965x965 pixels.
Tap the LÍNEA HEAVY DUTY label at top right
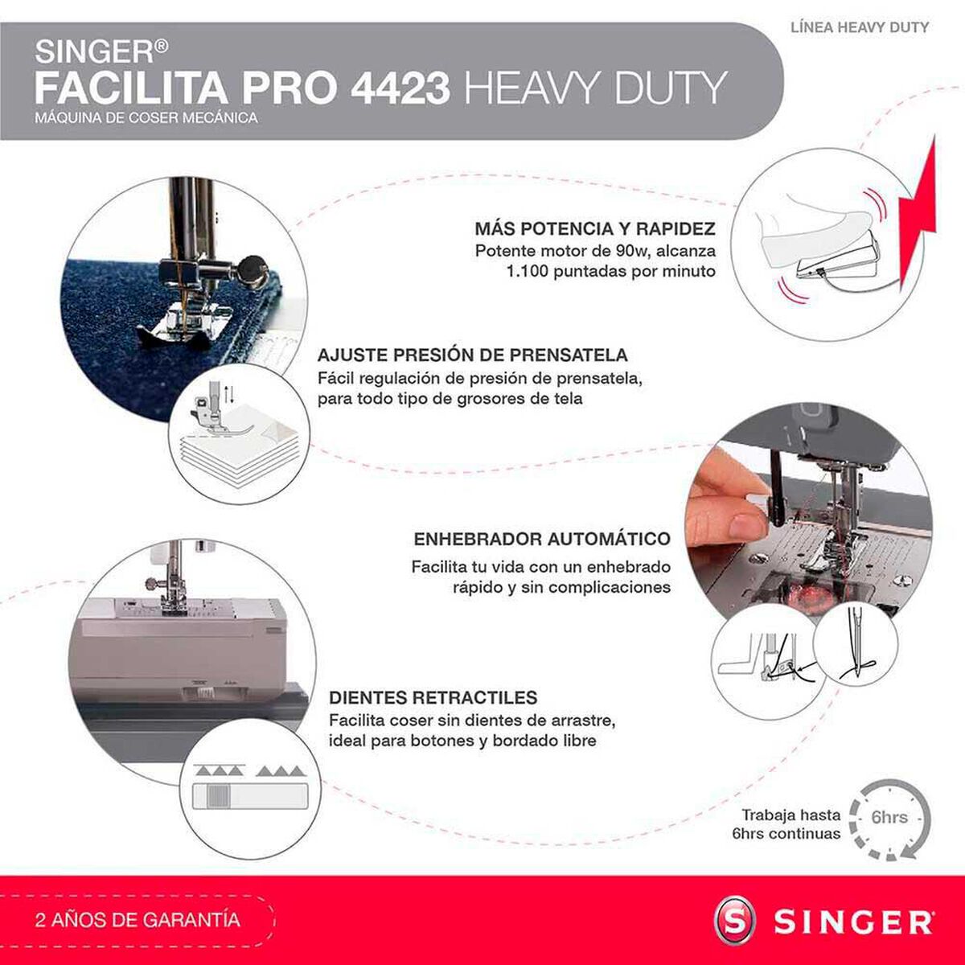point(860,27)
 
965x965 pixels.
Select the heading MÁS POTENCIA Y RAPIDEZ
point(594,229)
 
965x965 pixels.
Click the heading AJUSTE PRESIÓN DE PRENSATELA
point(472,355)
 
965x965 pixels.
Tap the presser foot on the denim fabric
point(181,322)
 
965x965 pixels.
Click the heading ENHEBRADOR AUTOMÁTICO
point(541,539)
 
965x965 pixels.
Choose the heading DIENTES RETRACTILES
point(433,697)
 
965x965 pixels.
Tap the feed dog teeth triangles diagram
point(249,772)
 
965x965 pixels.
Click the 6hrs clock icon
point(889,819)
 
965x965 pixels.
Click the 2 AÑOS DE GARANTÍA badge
point(138,919)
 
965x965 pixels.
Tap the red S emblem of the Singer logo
point(736,920)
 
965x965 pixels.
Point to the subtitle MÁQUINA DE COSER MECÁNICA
point(146,118)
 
